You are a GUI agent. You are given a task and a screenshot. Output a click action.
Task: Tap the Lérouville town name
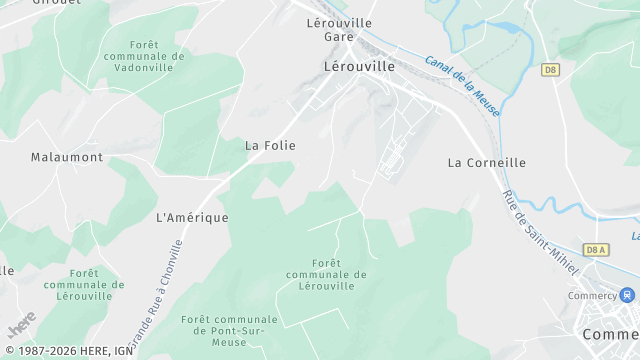point(360,66)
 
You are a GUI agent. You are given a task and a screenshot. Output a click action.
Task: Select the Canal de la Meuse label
point(462,73)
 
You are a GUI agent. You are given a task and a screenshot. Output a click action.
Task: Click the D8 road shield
point(550,69)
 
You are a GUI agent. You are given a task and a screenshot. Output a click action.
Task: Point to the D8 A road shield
point(596,250)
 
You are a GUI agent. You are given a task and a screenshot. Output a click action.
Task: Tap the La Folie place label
point(270,145)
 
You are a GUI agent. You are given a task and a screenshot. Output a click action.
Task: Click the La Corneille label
point(486,162)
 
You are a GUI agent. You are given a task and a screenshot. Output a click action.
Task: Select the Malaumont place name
point(67,157)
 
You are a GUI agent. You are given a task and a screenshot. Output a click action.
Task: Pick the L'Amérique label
point(192,217)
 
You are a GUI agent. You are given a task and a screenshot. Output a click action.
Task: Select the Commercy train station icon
point(627,296)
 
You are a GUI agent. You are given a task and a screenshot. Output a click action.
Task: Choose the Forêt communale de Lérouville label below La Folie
point(326,274)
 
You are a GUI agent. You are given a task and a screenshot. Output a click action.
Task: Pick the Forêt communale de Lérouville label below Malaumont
point(84,284)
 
